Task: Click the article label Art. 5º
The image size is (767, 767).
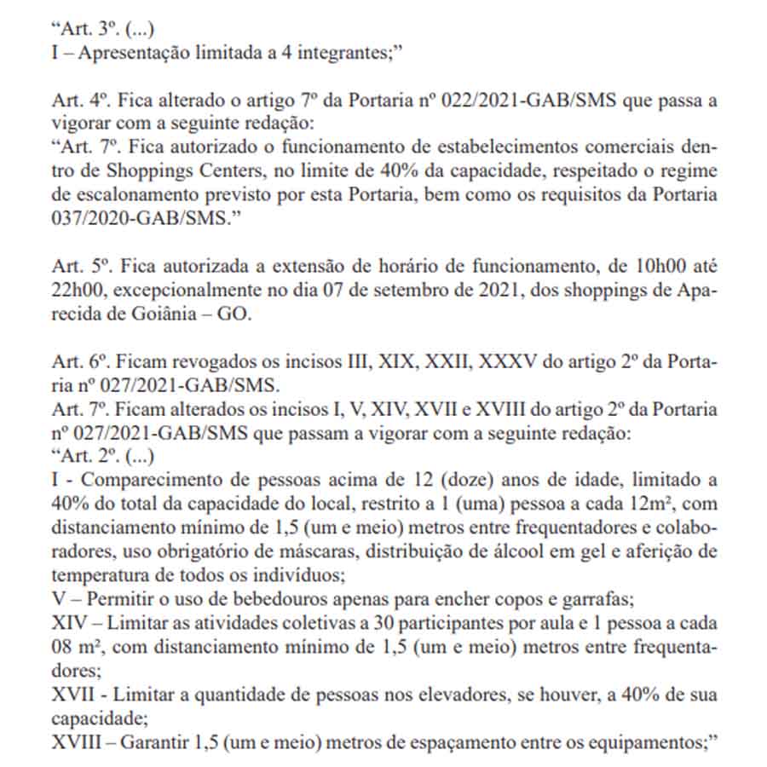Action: point(74,264)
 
